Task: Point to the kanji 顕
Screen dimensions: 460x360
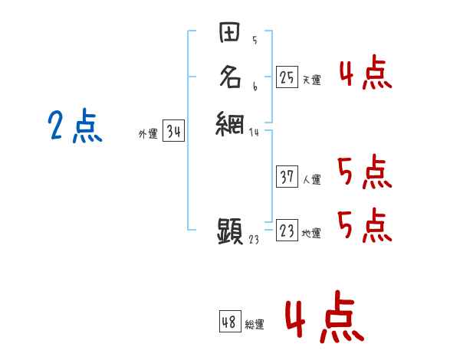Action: (230, 230)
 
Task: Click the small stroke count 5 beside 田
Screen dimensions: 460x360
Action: (254, 41)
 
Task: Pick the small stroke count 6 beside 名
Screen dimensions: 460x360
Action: (254, 87)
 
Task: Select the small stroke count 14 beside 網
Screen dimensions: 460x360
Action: (255, 132)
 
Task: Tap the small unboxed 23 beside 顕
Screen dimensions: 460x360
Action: (255, 239)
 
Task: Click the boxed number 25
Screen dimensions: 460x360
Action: (287, 77)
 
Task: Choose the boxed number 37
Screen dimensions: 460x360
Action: (287, 177)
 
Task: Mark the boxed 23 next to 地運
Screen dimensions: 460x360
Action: (287, 231)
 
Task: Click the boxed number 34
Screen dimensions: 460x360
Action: (173, 132)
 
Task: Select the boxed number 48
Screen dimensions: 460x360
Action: (229, 322)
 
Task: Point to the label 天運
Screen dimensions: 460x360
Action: (311, 80)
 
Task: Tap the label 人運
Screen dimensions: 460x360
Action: (311, 180)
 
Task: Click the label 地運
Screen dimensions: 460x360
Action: (311, 234)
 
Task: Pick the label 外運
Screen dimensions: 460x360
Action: (148, 134)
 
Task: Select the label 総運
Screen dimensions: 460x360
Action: (255, 325)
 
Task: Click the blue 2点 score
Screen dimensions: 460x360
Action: (75, 126)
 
